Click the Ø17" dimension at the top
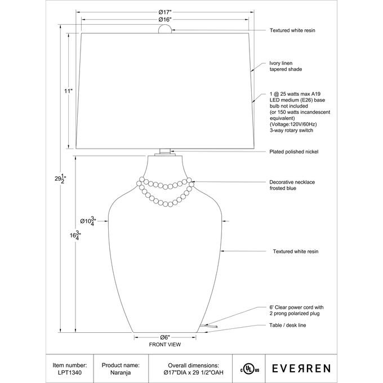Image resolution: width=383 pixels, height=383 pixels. coord(165,12)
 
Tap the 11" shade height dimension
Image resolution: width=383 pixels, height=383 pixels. coord(69,91)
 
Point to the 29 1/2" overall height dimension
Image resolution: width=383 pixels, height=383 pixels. coord(59,179)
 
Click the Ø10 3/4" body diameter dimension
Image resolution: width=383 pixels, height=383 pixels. coord(88,221)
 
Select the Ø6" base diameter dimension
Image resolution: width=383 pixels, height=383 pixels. coord(165,337)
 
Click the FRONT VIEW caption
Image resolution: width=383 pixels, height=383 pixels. coord(164,344)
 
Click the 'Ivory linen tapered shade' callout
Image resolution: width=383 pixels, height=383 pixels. coord(286,66)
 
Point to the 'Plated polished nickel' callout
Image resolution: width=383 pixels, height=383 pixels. coord(295,152)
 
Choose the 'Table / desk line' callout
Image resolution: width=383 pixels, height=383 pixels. coord(288,326)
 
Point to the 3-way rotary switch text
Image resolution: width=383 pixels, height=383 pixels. coord(291,130)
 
